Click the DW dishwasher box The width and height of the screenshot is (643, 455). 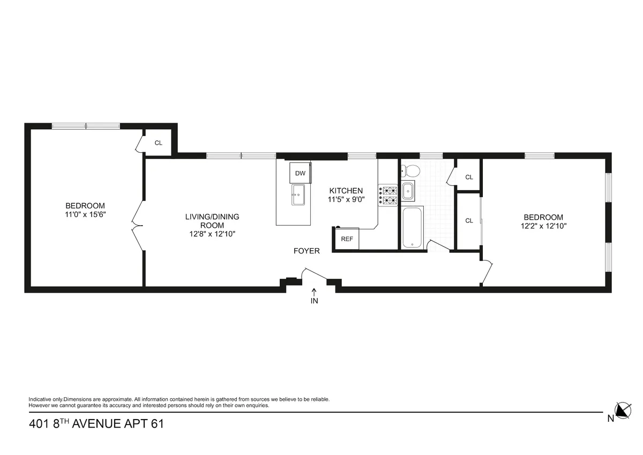300,173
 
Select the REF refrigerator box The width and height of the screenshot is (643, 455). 347,239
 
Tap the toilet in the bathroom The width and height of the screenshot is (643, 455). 412,171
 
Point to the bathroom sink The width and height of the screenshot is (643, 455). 408,191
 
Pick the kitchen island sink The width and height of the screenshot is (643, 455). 298,194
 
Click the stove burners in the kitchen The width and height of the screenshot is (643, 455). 388,195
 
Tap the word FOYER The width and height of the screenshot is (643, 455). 306,251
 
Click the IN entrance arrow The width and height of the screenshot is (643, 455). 315,295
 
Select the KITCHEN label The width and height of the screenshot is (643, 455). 346,191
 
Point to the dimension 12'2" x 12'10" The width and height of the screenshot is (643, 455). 543,226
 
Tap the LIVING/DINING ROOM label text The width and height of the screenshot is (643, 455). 212,221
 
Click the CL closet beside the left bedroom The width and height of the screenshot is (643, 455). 158,143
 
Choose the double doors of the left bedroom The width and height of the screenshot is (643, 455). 138,226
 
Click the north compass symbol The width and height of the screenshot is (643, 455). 622,411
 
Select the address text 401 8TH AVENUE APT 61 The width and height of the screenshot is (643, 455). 96,424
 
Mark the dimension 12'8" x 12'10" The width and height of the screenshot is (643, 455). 212,234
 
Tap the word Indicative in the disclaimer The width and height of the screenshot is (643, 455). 41,399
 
